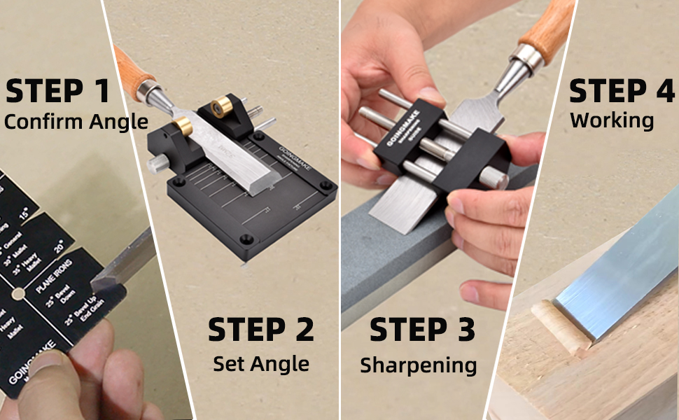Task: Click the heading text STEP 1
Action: pyautogui.click(x=58, y=92)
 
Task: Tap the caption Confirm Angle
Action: pyautogui.click(x=76, y=121)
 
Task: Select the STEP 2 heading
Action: pyautogui.click(x=261, y=330)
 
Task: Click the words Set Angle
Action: pyautogui.click(x=261, y=363)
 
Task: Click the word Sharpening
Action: pyautogui.click(x=419, y=365)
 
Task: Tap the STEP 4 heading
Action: pyautogui.click(x=622, y=92)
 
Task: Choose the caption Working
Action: pyautogui.click(x=612, y=120)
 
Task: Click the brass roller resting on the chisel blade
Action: pyautogui.click(x=183, y=126)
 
